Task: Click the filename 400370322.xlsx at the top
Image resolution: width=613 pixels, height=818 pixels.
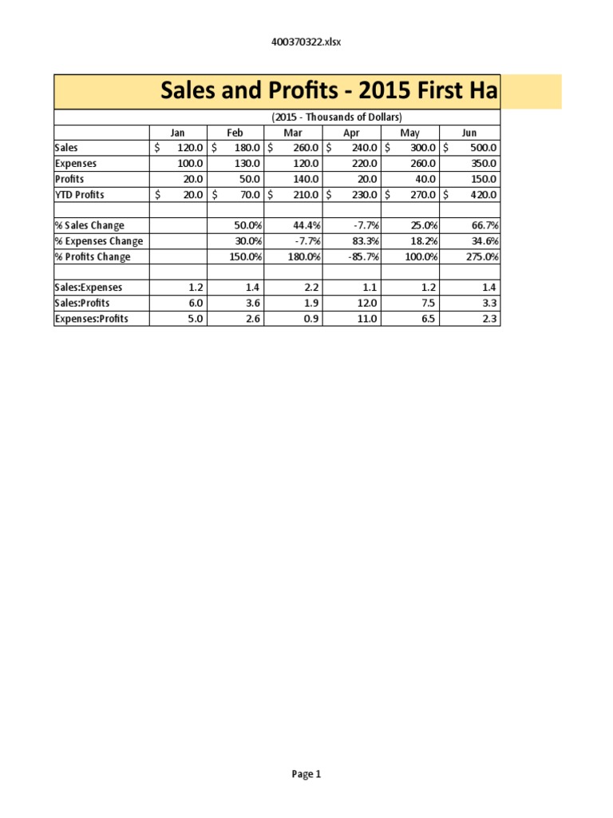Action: tap(306, 42)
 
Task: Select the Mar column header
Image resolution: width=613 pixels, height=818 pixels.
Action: tap(293, 133)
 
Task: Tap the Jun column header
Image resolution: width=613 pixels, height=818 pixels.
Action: tap(469, 133)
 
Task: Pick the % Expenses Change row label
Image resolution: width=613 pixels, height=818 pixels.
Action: tap(98, 241)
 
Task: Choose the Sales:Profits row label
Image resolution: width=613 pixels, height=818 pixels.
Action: tap(82, 303)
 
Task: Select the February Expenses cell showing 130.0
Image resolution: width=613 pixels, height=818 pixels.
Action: tap(244, 164)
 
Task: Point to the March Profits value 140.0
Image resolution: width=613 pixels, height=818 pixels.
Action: tap(303, 179)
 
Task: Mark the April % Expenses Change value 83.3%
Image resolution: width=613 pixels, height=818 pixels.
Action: tap(362, 241)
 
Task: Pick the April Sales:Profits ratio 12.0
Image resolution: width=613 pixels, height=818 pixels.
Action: tap(366, 303)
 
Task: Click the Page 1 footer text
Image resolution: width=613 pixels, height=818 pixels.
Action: tap(306, 773)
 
